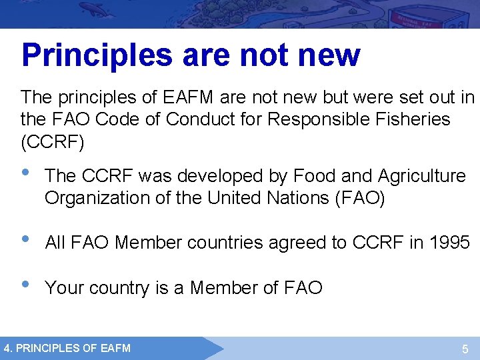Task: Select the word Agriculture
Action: [x=421, y=176]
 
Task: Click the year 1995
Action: [x=449, y=243]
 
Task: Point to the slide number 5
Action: [x=465, y=349]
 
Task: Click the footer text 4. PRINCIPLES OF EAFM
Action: [x=67, y=347]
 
